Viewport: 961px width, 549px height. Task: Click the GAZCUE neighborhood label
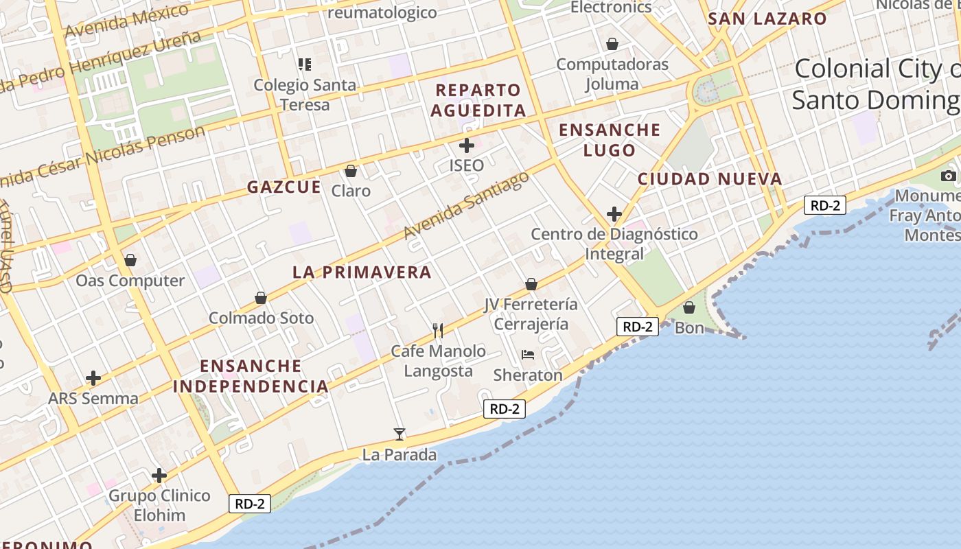click(x=284, y=187)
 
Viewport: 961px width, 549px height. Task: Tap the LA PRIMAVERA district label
click(x=362, y=272)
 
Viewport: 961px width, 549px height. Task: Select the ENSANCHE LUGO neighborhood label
click(x=610, y=140)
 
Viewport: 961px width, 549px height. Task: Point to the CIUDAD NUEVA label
click(x=710, y=179)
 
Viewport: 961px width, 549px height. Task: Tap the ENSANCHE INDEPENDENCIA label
click(x=251, y=375)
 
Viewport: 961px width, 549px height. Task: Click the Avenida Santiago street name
click(x=467, y=206)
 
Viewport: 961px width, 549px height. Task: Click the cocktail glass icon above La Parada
click(x=400, y=434)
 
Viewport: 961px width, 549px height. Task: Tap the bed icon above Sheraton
click(x=527, y=355)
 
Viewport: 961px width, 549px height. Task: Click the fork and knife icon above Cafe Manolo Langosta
click(x=438, y=331)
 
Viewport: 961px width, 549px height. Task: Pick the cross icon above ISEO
click(x=467, y=145)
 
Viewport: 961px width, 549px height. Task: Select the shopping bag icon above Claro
click(x=351, y=171)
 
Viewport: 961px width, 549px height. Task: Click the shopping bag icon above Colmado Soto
click(x=261, y=298)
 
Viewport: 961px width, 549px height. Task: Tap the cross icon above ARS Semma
click(x=93, y=378)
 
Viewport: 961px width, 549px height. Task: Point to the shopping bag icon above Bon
click(x=689, y=307)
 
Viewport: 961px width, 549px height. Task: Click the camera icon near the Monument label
click(x=949, y=176)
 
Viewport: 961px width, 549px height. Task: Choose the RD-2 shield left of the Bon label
click(x=637, y=327)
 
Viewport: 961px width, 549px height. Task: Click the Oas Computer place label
click(x=130, y=281)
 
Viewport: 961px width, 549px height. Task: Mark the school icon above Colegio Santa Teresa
click(x=305, y=65)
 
